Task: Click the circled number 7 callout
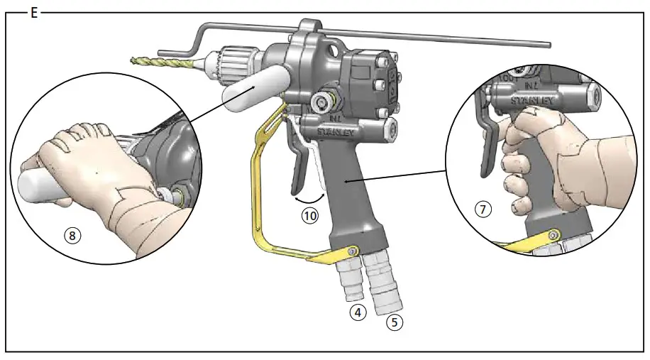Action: click(x=483, y=210)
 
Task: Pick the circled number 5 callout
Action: click(x=394, y=322)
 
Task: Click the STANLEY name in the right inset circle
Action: click(x=533, y=100)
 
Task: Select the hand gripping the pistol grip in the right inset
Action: click(x=546, y=163)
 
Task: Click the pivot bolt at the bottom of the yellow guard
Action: click(x=352, y=251)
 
